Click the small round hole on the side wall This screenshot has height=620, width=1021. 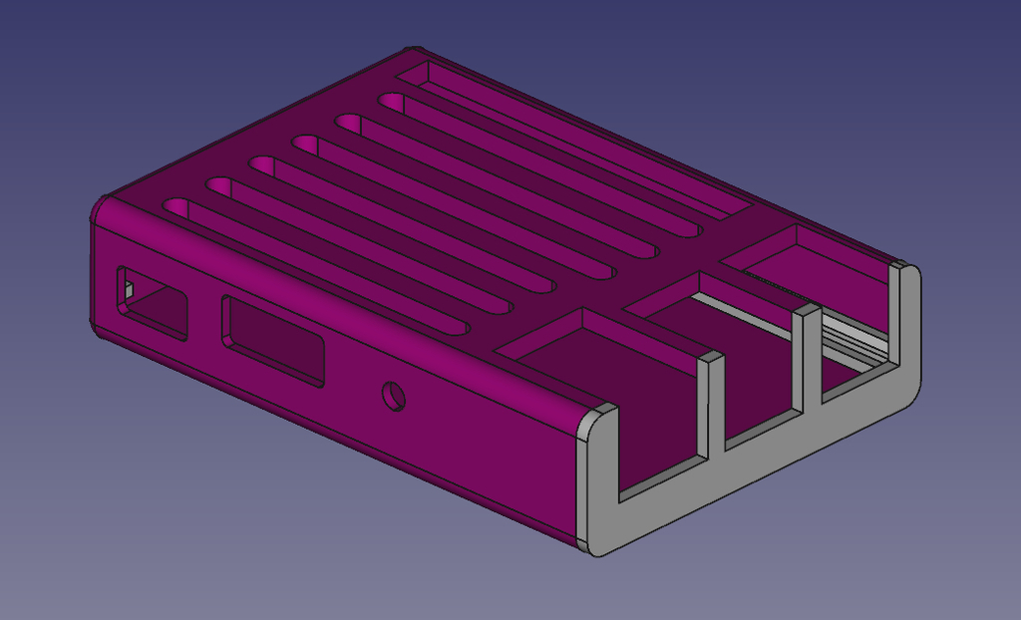pyautogui.click(x=395, y=396)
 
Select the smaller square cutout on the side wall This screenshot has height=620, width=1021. pyautogui.click(x=153, y=302)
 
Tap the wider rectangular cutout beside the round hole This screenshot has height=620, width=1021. pyautogui.click(x=272, y=340)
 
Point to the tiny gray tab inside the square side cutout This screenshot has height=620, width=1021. pyautogui.click(x=127, y=290)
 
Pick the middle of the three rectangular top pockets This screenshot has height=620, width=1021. pyautogui.click(x=698, y=299)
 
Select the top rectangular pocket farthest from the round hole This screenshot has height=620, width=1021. pyautogui.click(x=808, y=254)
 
